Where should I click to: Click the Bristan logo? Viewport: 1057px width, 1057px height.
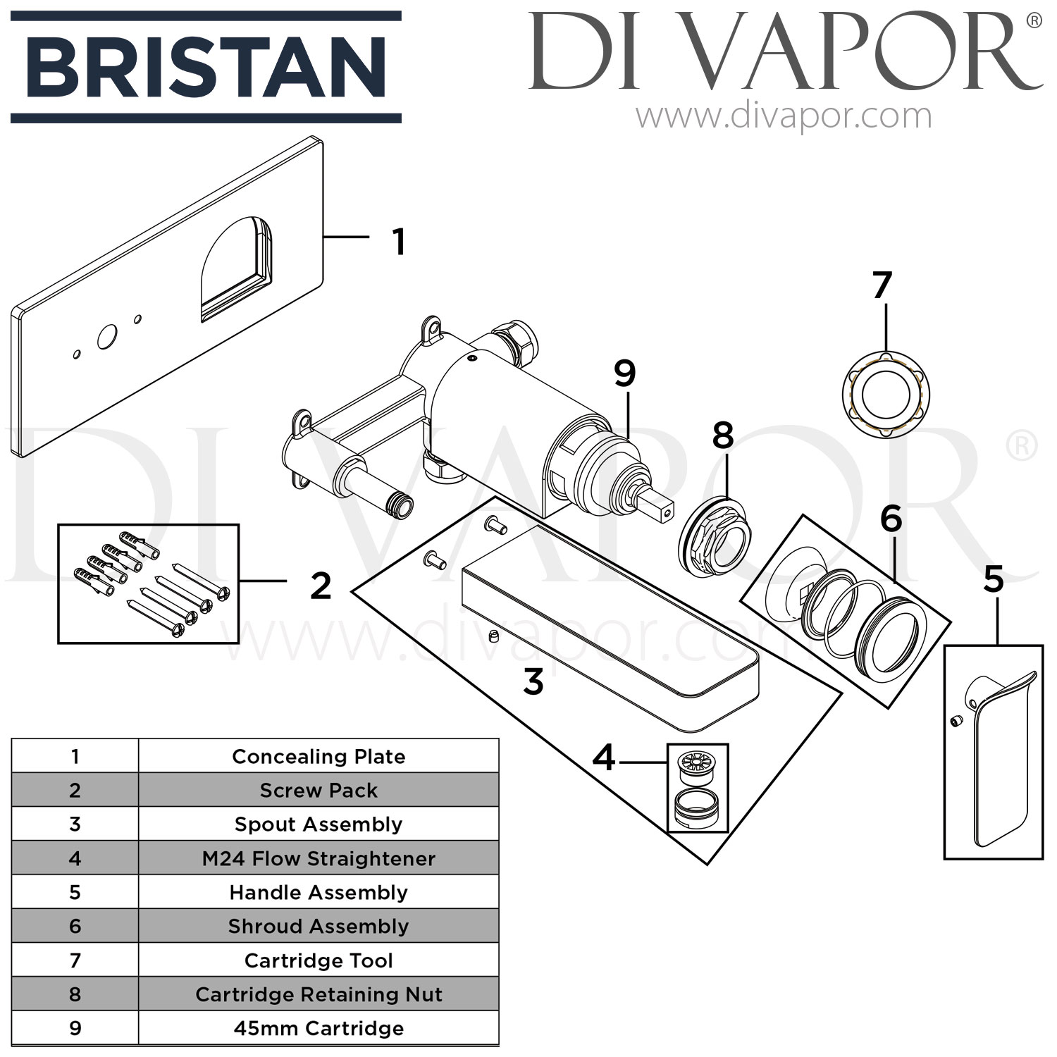pos(206,67)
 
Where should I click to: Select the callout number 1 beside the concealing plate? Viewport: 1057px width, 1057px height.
pos(399,242)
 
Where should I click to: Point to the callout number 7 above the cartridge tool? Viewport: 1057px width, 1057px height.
pos(882,285)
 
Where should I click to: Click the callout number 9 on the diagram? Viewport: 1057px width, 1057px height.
pos(624,373)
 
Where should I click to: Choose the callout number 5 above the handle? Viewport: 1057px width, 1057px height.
pos(993,580)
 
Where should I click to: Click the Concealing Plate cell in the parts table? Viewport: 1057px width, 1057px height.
pos(319,756)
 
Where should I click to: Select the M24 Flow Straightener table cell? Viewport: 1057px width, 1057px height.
pos(319,858)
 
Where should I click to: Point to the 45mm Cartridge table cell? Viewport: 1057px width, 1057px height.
pos(319,1028)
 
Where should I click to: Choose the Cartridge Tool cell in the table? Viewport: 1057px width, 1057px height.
pos(319,960)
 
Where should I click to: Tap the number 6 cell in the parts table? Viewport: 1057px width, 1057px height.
pos(75,926)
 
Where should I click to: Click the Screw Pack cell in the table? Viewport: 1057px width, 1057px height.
pos(319,790)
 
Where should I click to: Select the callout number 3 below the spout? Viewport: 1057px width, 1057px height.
pos(533,681)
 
